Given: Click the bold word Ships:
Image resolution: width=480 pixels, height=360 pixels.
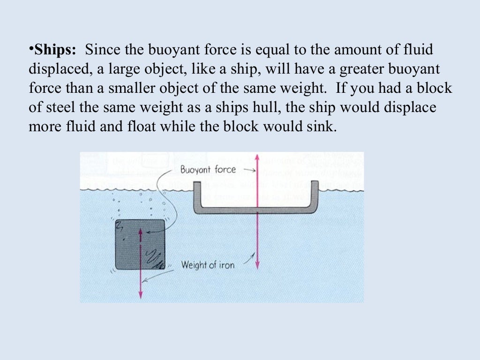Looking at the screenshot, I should coord(54,49).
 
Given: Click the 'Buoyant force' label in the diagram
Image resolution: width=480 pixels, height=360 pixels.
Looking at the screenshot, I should coord(208,170).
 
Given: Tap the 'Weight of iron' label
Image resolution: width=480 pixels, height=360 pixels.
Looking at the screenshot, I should coord(208,265).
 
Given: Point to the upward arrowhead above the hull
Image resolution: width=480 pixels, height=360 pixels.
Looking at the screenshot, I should coord(257,157).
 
